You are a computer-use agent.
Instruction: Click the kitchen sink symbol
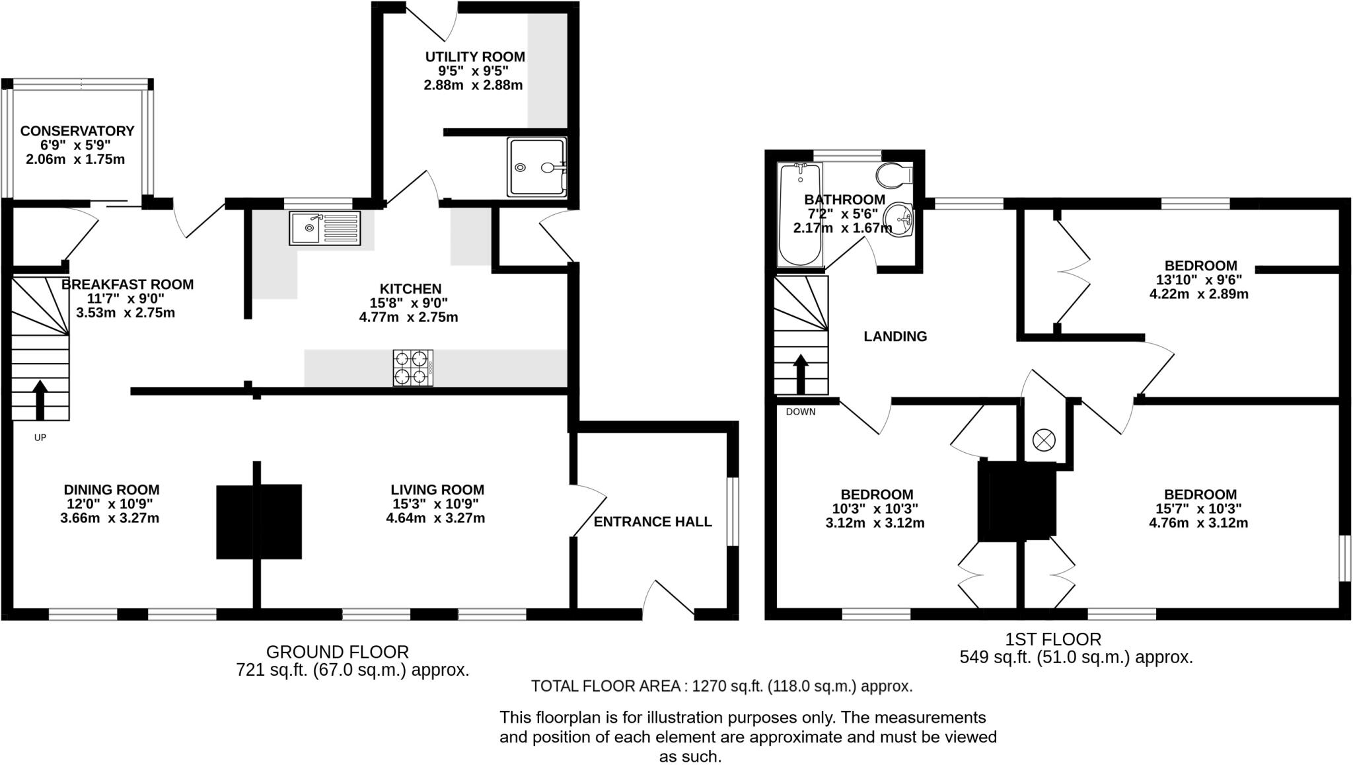click(324, 228)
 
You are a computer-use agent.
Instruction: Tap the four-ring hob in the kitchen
click(413, 368)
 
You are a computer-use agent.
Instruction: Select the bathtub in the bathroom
click(799, 215)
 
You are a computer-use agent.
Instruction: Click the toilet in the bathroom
click(893, 176)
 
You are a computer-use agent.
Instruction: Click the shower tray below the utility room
click(536, 167)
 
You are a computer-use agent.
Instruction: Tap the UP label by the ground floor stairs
click(40, 438)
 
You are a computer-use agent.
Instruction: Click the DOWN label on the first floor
click(801, 412)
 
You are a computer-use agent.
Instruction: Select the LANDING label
click(895, 337)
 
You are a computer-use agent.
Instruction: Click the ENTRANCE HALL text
click(653, 522)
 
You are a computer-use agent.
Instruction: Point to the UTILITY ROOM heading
click(475, 57)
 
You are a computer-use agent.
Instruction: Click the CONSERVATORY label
click(77, 131)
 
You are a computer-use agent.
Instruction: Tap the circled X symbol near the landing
click(1044, 440)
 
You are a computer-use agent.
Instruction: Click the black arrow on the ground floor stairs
click(40, 400)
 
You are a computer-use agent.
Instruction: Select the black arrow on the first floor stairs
click(801, 374)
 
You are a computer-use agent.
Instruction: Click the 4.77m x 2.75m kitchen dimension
click(408, 317)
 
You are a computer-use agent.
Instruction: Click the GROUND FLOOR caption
click(338, 652)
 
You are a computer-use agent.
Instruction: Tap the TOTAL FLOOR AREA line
click(721, 686)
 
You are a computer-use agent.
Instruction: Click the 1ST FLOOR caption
click(1053, 639)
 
